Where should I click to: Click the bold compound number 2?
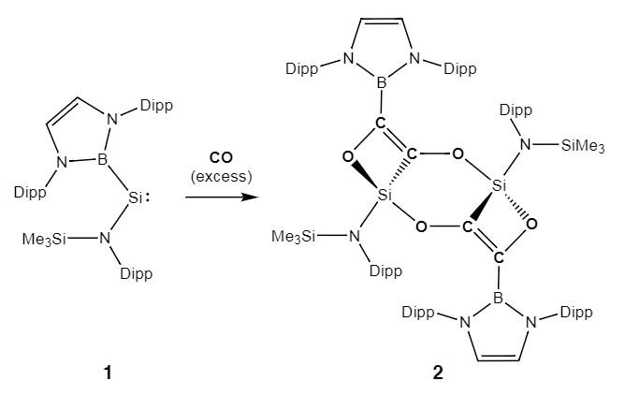click(439, 373)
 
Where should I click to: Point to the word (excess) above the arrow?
click(221, 177)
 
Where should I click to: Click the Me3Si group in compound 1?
click(44, 240)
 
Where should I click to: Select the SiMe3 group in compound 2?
click(584, 145)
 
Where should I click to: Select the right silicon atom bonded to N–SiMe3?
click(499, 187)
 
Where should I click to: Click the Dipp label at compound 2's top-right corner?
click(458, 67)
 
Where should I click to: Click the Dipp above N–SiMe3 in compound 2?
click(516, 110)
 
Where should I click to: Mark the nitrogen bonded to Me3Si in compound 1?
click(106, 240)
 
